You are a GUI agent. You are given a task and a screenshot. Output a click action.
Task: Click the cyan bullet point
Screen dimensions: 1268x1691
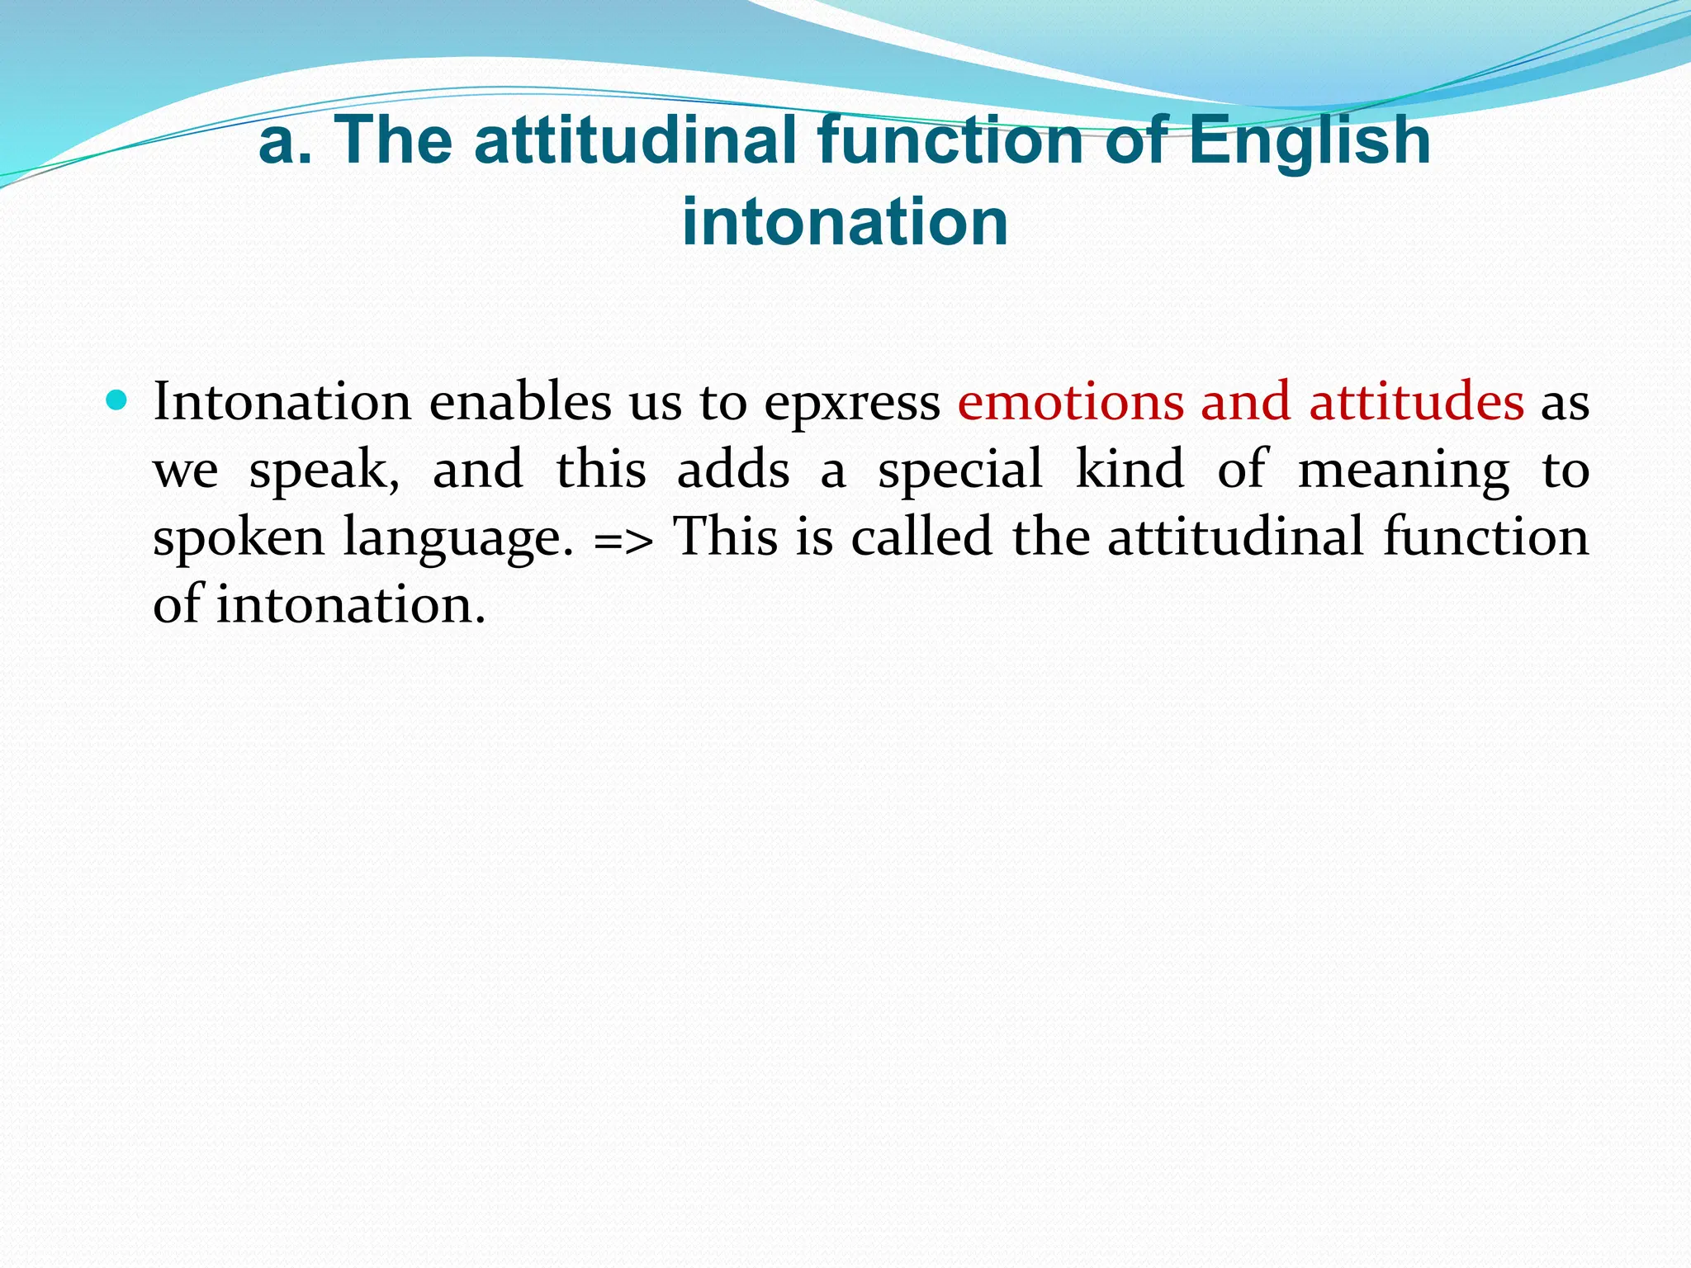click(x=117, y=402)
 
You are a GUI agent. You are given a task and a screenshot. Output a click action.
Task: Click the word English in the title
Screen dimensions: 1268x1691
click(x=1310, y=140)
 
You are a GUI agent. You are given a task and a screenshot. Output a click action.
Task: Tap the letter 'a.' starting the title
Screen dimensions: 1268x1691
click(x=285, y=140)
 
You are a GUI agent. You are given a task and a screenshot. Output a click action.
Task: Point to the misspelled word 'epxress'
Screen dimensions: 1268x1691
click(x=851, y=404)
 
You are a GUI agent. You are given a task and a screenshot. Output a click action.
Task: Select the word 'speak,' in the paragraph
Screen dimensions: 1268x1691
click(x=324, y=471)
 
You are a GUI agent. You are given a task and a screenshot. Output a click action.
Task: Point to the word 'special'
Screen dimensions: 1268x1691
click(x=959, y=471)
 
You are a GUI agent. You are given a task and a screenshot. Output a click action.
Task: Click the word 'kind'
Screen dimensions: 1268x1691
click(x=1130, y=470)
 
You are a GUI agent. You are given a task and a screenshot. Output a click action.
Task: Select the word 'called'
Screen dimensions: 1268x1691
click(x=921, y=537)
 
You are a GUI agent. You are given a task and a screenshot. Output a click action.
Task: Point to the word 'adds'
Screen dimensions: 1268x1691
click(x=733, y=470)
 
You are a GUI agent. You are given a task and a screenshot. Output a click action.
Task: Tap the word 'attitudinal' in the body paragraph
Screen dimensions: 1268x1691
click(x=1235, y=537)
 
